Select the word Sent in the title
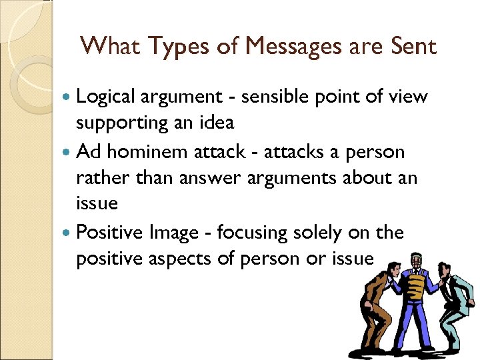(x=413, y=46)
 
